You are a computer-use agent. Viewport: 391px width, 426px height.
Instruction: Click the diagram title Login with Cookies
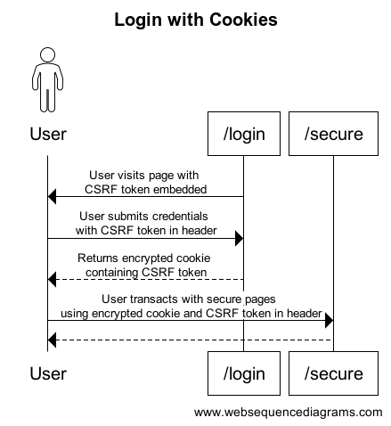(x=195, y=19)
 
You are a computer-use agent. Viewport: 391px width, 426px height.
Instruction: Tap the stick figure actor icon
(x=47, y=81)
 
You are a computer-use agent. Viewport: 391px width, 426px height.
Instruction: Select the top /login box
(x=244, y=134)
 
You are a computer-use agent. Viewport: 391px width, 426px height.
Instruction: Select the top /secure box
(x=333, y=134)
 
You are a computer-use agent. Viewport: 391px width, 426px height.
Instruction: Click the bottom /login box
(x=244, y=373)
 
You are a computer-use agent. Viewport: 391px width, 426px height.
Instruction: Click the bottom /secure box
(x=333, y=373)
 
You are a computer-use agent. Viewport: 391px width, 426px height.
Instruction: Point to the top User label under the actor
(x=47, y=135)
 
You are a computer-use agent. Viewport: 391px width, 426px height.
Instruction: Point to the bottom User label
(x=47, y=374)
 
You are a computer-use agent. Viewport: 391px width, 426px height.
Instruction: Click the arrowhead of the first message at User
(x=53, y=197)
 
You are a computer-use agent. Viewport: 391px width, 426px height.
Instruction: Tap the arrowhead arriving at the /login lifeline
(x=239, y=238)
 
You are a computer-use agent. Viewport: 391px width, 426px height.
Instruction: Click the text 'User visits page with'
(x=146, y=175)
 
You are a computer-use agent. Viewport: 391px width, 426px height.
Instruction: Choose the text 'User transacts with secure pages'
(x=191, y=299)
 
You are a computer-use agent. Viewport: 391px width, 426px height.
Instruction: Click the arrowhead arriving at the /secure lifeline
(x=328, y=320)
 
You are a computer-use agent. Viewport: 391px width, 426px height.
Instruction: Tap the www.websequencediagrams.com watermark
(x=288, y=412)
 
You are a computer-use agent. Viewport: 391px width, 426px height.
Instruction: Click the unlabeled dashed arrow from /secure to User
(x=191, y=340)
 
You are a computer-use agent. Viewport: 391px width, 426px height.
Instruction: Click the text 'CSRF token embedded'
(x=146, y=188)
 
